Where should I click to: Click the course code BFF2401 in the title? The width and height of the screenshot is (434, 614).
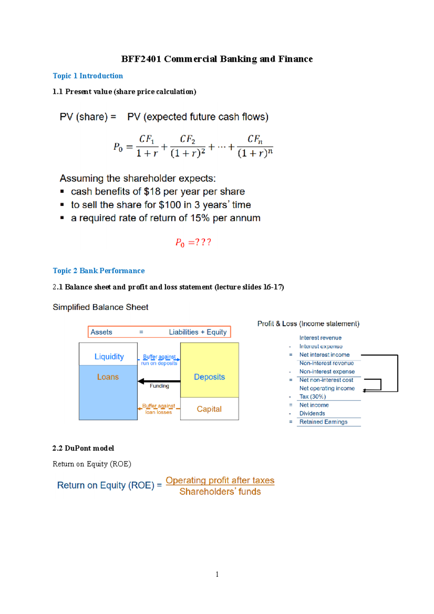click(x=141, y=59)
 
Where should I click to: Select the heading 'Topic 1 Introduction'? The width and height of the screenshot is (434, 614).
click(x=88, y=76)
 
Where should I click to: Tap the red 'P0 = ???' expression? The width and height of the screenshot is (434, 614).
click(x=193, y=243)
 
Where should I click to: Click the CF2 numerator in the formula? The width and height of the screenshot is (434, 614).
click(x=188, y=140)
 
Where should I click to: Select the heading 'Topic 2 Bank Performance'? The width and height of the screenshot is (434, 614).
click(x=99, y=271)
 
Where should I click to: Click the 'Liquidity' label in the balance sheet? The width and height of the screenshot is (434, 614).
click(x=109, y=357)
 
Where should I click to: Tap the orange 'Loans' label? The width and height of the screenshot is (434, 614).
click(x=108, y=377)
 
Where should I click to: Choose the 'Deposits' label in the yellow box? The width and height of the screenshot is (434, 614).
click(x=209, y=377)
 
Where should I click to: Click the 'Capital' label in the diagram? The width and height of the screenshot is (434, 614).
click(x=209, y=409)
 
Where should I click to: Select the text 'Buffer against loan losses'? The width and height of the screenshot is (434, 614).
click(x=158, y=409)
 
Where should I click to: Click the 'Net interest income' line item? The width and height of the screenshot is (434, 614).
click(x=324, y=355)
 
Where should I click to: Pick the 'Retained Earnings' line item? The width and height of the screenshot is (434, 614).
click(x=323, y=422)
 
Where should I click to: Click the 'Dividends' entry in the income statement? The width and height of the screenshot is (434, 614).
click(x=312, y=413)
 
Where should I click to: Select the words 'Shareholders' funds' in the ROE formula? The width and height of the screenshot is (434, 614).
click(x=220, y=492)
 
